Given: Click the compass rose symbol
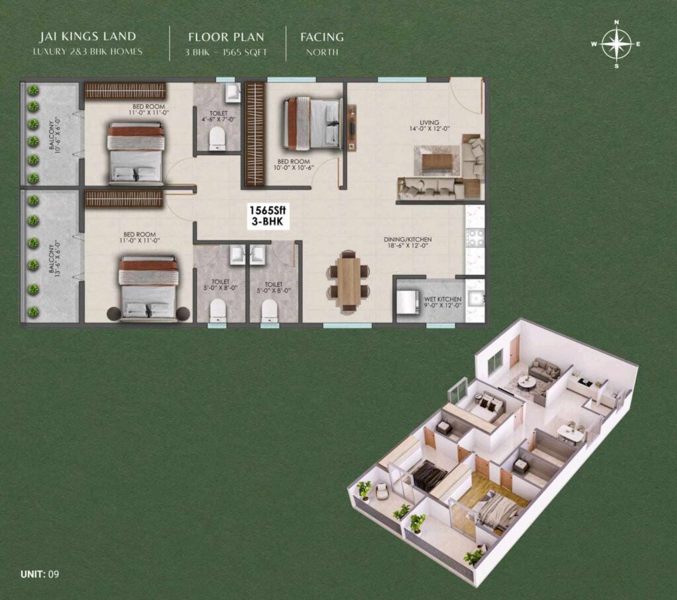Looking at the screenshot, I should point(616,44).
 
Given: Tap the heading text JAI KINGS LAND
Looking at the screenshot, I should point(88,37).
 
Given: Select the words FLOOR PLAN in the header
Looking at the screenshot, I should point(227,37).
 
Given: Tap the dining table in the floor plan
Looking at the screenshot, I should point(348,281).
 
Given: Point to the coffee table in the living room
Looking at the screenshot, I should point(437,161).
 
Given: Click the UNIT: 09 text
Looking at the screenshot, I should point(40,574).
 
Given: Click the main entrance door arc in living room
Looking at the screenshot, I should point(466,96).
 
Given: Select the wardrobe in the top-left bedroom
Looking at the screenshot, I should point(125,91).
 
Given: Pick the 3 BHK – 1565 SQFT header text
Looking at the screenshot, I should point(227,52).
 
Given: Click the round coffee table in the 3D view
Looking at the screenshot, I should point(527,382).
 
